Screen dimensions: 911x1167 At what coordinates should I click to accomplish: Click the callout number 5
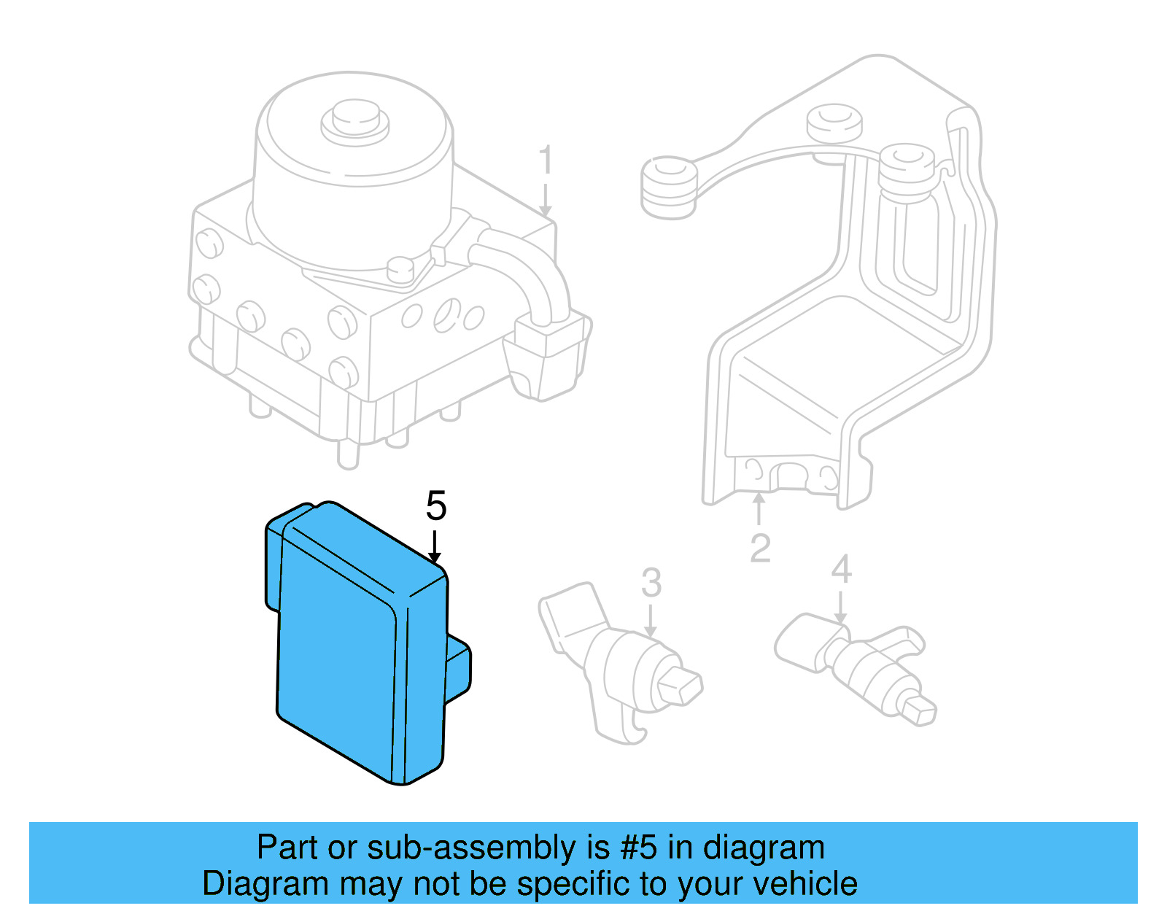[435, 506]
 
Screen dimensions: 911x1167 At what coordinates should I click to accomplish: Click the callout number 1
[546, 160]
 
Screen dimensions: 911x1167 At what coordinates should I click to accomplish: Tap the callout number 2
[760, 548]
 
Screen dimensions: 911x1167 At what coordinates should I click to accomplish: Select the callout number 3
[651, 584]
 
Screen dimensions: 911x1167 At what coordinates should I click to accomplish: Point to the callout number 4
[841, 570]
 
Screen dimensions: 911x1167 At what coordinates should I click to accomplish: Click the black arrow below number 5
[435, 548]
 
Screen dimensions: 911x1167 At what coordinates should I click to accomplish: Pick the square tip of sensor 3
[681, 686]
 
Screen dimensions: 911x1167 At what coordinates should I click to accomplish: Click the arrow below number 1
[546, 201]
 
